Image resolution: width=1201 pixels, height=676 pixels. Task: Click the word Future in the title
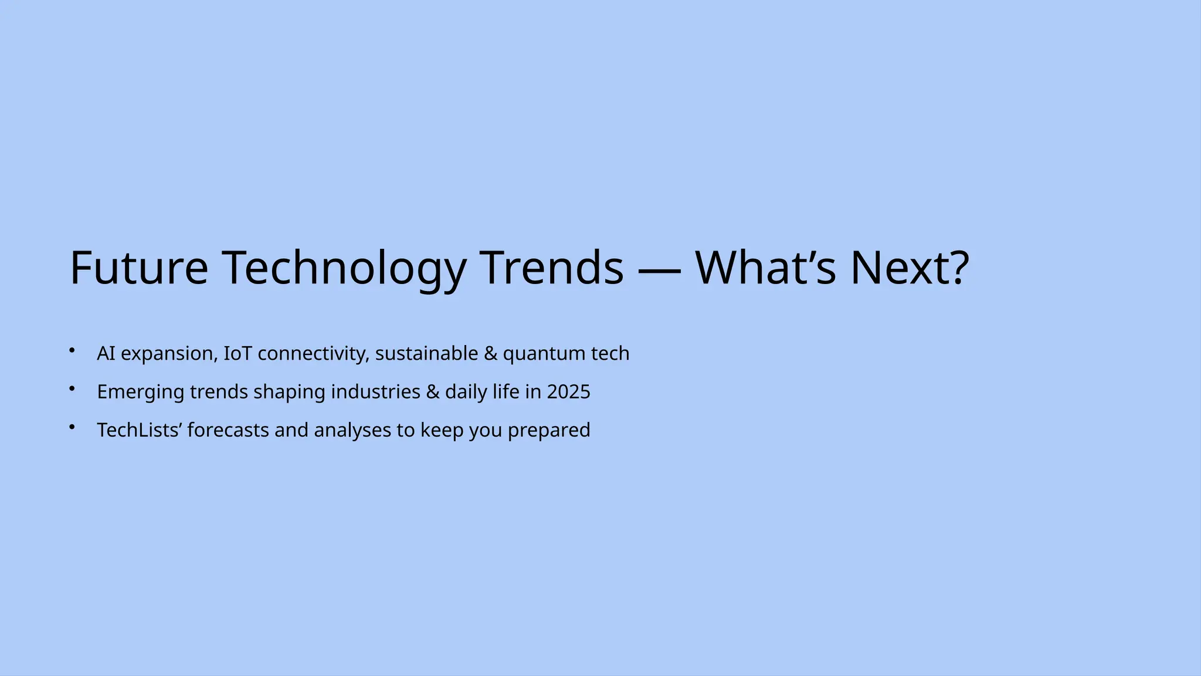(139, 268)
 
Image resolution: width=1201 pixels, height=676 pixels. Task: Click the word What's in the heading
(765, 268)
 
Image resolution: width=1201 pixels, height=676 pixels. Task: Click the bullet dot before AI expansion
(72, 350)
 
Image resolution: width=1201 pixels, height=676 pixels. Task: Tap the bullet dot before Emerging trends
(72, 388)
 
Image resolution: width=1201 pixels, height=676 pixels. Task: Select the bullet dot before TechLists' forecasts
(72, 427)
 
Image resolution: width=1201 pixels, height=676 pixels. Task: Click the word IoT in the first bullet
(238, 353)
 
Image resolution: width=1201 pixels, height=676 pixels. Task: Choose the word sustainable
(426, 353)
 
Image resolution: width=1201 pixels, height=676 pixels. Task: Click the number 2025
(568, 392)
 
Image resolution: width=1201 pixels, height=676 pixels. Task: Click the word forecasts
(228, 430)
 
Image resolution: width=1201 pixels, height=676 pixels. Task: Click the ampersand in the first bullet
(490, 353)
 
